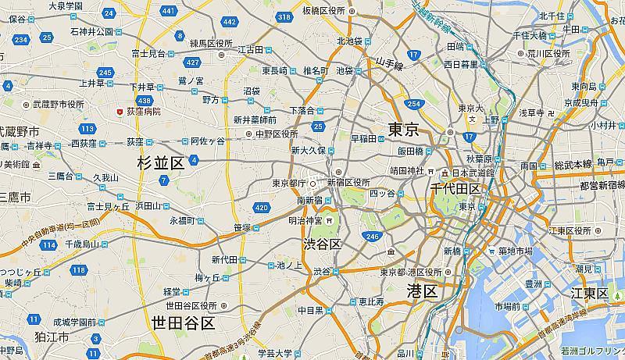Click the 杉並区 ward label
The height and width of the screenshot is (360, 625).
[159, 163]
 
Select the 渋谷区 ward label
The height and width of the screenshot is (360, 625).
[323, 244]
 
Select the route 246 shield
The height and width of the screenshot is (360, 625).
[372, 236]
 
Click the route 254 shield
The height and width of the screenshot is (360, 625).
[413, 104]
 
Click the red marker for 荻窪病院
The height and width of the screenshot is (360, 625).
[120, 112]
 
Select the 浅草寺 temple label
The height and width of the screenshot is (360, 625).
[531, 113]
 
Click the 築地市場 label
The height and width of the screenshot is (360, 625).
[516, 251]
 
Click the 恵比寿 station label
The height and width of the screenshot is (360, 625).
[371, 301]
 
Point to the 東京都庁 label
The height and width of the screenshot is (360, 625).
[286, 184]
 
